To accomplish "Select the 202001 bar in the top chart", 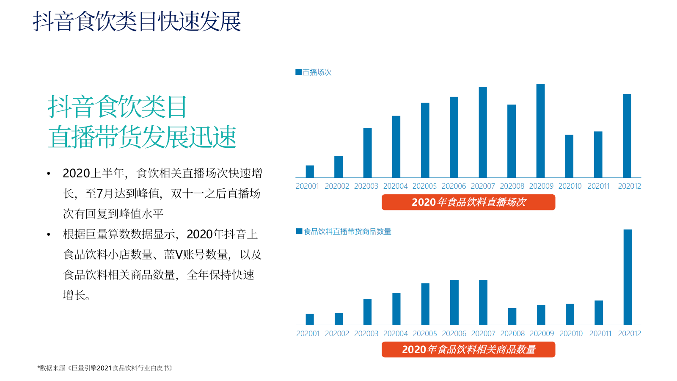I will (310, 171).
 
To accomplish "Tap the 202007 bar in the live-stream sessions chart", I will (483, 132).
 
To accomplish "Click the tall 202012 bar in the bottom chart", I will (627, 277).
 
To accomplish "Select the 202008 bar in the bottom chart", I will (512, 316).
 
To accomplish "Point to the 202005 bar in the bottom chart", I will (425, 304).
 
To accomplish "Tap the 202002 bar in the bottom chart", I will (338, 319).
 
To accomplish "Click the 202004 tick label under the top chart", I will (395, 186).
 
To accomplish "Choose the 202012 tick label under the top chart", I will (629, 186).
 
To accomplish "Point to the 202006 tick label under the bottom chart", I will (454, 334).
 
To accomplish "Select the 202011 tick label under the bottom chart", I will (600, 334).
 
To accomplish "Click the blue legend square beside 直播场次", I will (298, 72).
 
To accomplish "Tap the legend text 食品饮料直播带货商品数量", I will (347, 232).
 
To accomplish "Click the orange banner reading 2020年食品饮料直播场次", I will (468, 202).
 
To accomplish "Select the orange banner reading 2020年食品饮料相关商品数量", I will (468, 350).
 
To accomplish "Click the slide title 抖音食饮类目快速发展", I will (137, 22).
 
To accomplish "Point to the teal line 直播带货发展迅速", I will (142, 137).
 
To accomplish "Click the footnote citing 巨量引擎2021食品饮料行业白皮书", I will (106, 368).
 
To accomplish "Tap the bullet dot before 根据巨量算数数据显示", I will (49, 235).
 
